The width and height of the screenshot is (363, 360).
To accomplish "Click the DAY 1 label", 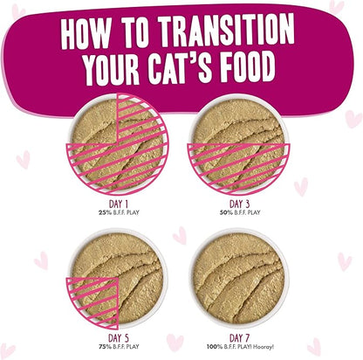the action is [x=119, y=204].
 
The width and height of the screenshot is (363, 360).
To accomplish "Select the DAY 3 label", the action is [x=240, y=204].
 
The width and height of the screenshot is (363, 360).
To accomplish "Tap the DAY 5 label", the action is [x=119, y=338].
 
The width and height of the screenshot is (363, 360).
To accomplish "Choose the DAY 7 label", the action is [x=239, y=338].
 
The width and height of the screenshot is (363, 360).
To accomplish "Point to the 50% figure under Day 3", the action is [x=226, y=212].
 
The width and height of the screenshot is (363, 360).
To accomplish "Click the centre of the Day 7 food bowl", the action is [x=239, y=278].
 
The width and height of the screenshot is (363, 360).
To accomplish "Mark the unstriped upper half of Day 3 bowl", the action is [x=238, y=122].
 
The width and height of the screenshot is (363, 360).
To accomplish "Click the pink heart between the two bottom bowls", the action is [x=180, y=235].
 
